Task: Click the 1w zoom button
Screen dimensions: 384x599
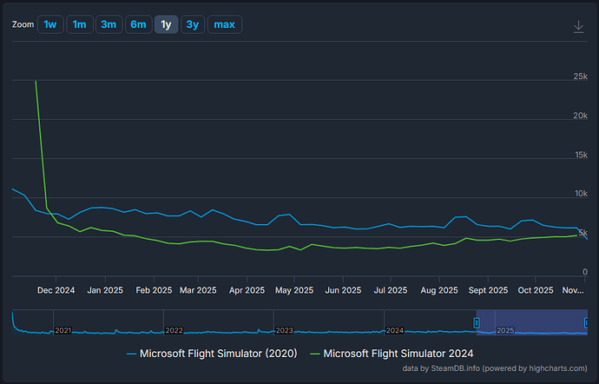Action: click(50, 24)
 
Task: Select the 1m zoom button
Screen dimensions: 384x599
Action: click(80, 24)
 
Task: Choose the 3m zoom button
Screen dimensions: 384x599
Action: click(109, 24)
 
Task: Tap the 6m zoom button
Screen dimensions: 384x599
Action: click(138, 24)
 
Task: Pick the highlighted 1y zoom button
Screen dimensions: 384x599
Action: click(166, 24)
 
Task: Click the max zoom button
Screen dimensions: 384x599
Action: click(224, 24)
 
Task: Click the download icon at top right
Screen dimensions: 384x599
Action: click(579, 26)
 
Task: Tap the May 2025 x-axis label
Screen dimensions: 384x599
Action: click(293, 290)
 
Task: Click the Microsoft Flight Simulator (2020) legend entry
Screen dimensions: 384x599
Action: click(213, 353)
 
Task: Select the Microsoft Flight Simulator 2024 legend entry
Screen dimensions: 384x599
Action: click(392, 353)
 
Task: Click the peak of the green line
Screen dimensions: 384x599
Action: click(36, 82)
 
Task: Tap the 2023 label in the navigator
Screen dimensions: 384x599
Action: click(285, 330)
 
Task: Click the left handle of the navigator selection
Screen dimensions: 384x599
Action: click(476, 322)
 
